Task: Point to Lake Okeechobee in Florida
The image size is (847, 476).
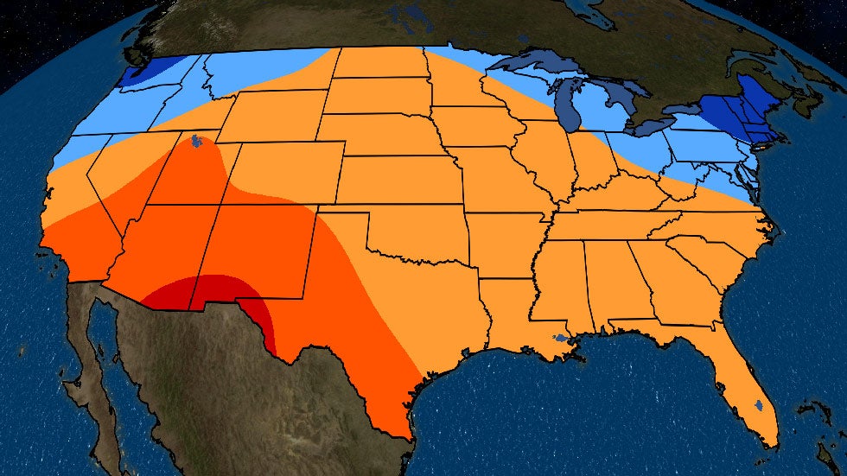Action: click(757, 404)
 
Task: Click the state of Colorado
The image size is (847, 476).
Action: click(285, 172)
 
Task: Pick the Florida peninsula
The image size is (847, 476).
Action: click(748, 389)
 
